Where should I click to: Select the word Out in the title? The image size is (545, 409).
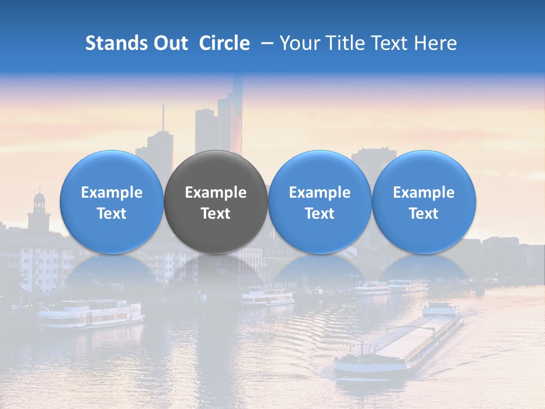click(x=171, y=43)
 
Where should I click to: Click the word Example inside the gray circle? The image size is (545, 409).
click(x=216, y=193)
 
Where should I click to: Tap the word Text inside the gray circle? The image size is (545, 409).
click(x=216, y=214)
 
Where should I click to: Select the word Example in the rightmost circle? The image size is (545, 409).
click(x=424, y=193)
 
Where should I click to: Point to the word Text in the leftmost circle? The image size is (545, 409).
click(x=112, y=214)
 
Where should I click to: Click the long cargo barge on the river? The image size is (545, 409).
click(x=397, y=344)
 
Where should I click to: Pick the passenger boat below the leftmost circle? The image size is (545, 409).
click(x=91, y=314)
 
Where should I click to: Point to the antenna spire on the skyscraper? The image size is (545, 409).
click(x=163, y=119)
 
